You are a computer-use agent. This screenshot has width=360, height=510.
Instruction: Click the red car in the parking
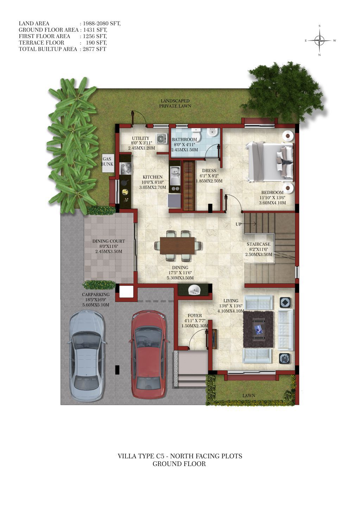point(149,355)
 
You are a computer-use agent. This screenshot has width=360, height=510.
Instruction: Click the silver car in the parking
point(87,356)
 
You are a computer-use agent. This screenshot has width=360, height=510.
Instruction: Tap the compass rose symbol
point(320,41)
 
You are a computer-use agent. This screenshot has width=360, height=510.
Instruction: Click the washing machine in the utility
point(161,138)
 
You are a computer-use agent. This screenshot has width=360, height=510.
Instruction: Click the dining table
point(177,246)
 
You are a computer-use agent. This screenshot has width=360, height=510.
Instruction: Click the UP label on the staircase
point(238,224)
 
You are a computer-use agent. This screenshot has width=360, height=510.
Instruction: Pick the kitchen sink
point(175,175)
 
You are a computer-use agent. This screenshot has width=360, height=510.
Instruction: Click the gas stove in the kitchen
point(126,169)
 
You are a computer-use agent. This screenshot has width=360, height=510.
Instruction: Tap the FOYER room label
point(195,316)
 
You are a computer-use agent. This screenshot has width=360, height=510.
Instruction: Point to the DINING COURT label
point(109,241)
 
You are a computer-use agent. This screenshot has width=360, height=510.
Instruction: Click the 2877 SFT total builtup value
point(94,49)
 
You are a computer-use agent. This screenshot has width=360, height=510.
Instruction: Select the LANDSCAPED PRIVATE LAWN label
point(175,103)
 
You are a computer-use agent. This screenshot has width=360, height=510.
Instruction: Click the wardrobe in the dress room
point(189,186)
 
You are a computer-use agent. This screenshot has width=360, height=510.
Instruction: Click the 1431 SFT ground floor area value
point(95,30)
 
